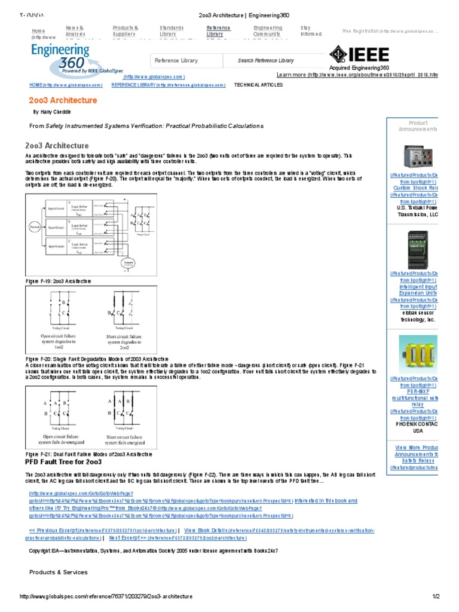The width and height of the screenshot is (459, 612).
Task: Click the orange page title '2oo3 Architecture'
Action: (x=63, y=100)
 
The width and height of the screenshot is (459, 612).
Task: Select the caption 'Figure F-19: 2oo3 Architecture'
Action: (x=58, y=280)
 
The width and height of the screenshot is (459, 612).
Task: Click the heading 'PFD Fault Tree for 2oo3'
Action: (x=64, y=462)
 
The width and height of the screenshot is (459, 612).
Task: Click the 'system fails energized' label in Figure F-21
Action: (x=124, y=442)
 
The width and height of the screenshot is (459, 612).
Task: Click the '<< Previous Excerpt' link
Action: (x=55, y=530)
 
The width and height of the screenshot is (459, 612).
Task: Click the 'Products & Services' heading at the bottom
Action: (x=59, y=572)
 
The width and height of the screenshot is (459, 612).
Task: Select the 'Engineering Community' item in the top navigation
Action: (x=268, y=31)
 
